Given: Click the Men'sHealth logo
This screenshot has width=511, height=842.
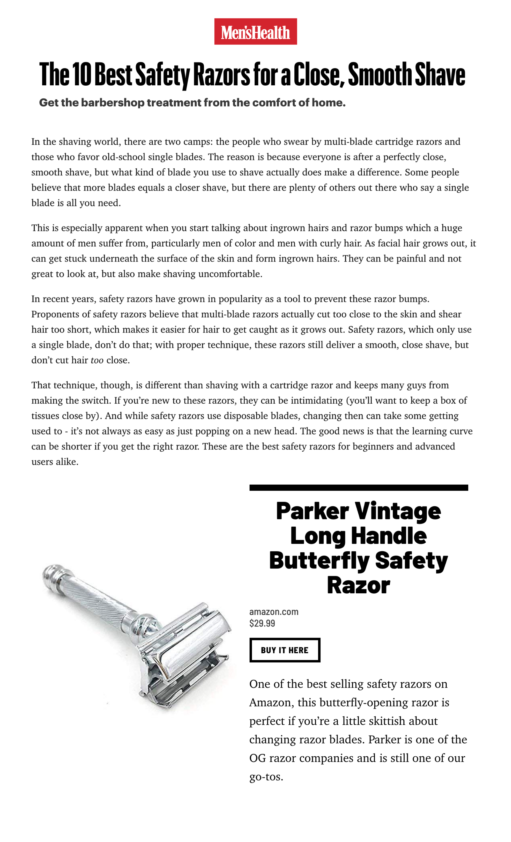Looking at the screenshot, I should point(255,31).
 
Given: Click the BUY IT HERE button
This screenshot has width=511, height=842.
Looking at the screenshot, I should point(284,650).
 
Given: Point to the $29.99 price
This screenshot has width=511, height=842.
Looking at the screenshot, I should point(262,623).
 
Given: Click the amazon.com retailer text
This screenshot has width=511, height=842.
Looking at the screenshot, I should point(274,612).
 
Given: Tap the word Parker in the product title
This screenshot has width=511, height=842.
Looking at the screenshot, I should point(312,511).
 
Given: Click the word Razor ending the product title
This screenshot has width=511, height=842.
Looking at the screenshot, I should point(358,585).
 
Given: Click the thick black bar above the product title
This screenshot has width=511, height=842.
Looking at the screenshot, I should point(358,488).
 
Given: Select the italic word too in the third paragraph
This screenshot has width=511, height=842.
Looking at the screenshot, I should point(97,360).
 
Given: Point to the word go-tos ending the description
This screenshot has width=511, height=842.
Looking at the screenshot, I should point(266,777).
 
